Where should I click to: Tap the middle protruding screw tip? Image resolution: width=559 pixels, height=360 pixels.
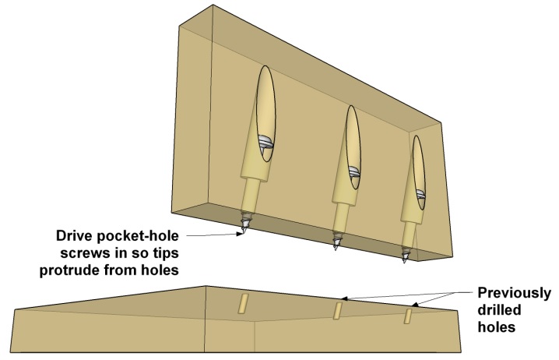[x=337, y=243]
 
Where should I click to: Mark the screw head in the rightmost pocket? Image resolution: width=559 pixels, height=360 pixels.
[x=420, y=195]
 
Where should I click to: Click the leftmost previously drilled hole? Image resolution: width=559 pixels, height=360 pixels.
[x=242, y=303]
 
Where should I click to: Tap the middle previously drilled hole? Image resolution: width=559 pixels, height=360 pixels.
[x=339, y=310]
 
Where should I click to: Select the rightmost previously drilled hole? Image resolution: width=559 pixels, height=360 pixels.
[x=407, y=316]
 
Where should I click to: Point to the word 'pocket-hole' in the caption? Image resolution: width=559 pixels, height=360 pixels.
[x=143, y=235]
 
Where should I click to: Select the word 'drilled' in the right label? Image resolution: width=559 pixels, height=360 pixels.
[x=497, y=311]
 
